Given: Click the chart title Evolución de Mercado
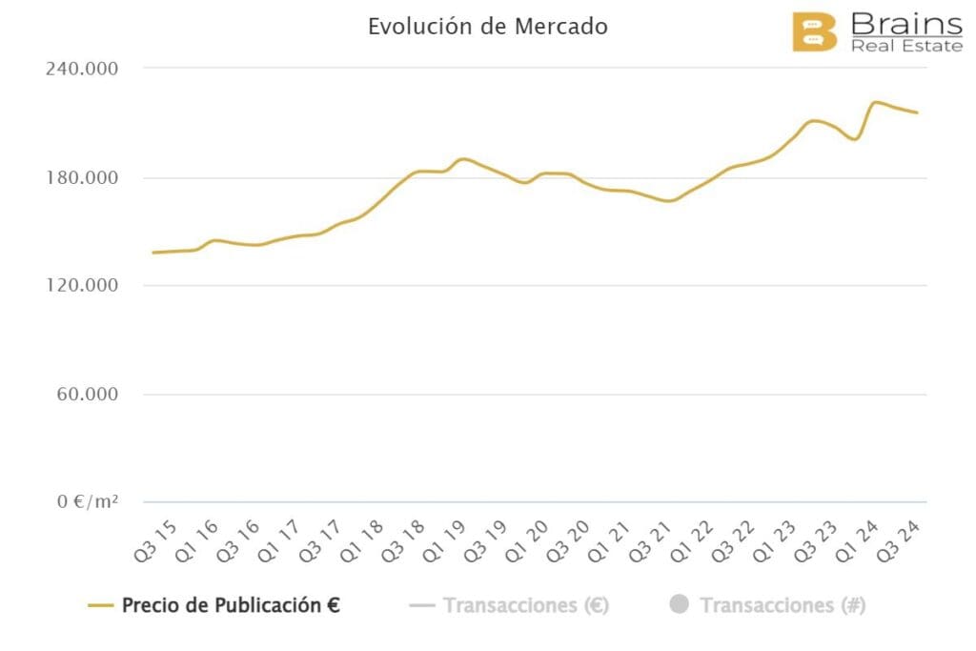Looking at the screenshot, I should [x=487, y=27].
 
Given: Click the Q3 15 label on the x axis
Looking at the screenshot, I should [x=153, y=539].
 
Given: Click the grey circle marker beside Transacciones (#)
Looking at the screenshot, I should [x=679, y=605].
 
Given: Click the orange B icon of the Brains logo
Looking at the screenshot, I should [x=815, y=31].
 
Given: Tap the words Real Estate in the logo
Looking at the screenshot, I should [x=905, y=46].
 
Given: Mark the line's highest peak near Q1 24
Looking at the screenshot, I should [x=876, y=102].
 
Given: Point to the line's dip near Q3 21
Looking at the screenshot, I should [x=668, y=201].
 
